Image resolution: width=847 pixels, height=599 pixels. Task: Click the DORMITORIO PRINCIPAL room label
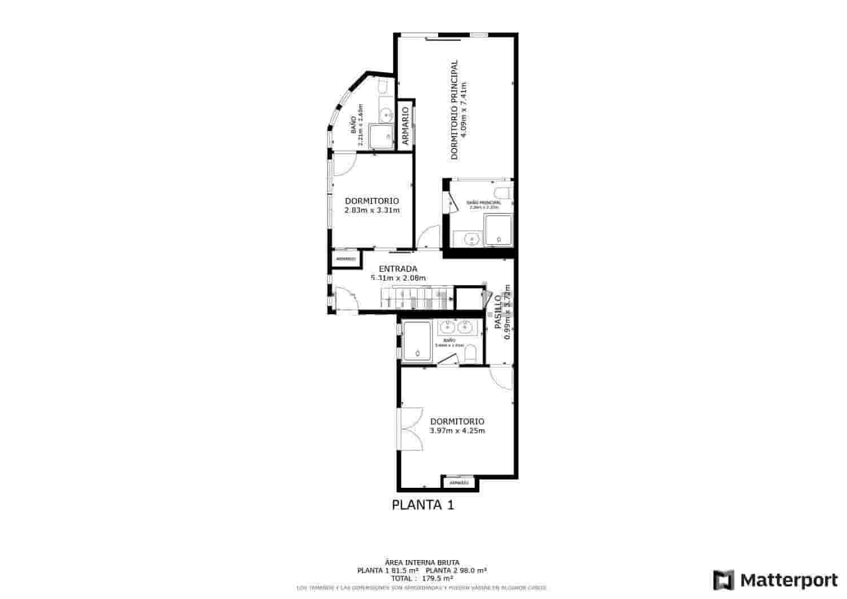455,110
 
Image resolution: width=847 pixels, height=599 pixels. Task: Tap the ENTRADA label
398,269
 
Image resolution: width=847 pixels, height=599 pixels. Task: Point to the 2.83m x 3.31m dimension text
372,211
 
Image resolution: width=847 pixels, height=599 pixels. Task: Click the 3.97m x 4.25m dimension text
457,431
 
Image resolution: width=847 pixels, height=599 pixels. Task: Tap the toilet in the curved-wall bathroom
382,86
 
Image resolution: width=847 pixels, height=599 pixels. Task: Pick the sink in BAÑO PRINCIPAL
470,239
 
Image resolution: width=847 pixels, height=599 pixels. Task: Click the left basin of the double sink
448,326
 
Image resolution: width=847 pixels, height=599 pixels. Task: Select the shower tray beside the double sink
417,342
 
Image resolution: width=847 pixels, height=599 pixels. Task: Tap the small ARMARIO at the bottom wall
459,483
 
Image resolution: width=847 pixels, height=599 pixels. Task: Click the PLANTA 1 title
423,505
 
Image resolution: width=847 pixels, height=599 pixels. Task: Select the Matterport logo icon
723,580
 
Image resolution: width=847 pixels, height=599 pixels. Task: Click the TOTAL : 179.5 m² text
422,578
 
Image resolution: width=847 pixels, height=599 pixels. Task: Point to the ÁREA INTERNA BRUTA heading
422,562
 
